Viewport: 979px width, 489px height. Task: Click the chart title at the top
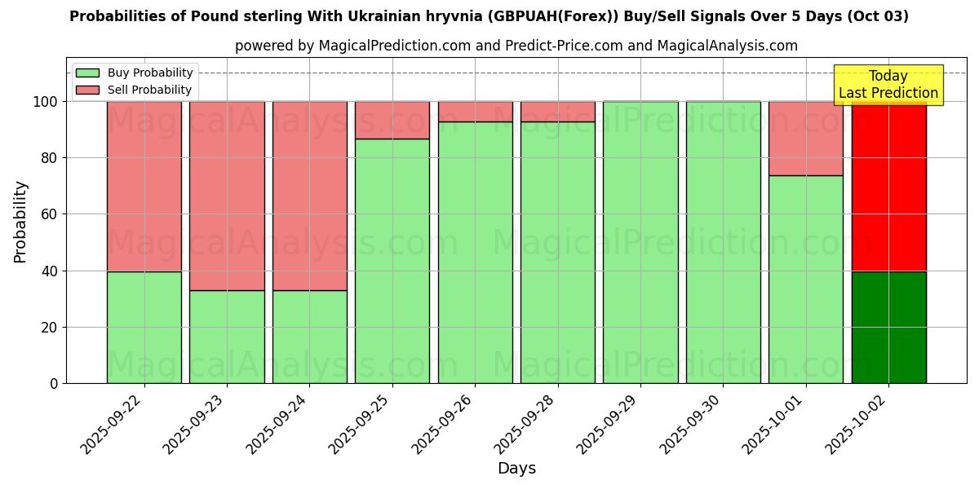tap(489, 16)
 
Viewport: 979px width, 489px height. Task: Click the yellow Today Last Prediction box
tap(888, 85)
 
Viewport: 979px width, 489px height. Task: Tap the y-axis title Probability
tap(20, 222)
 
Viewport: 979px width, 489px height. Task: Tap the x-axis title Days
tap(516, 469)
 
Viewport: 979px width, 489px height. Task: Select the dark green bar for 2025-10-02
tap(888, 328)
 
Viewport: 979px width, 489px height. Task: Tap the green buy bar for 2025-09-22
tap(144, 328)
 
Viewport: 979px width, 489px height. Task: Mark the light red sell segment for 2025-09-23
tap(227, 196)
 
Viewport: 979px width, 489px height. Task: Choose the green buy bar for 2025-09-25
tap(392, 261)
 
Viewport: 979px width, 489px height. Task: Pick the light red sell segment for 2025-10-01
tap(806, 139)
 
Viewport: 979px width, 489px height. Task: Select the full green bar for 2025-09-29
tap(640, 242)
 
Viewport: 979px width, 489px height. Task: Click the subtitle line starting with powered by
tap(516, 46)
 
